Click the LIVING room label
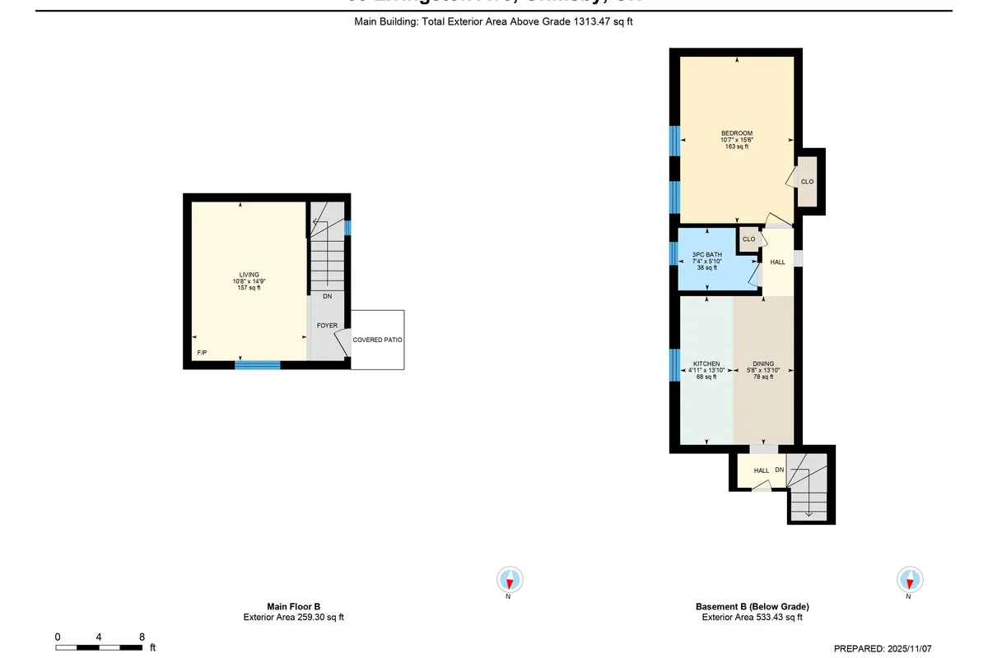tap(249, 275)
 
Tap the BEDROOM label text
tap(737, 133)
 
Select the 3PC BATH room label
tap(707, 255)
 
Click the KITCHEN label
tap(706, 364)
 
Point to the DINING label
tap(763, 364)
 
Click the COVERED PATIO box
tap(377, 340)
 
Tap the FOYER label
tap(327, 326)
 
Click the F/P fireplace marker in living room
tap(201, 353)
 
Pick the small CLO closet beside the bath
tap(748, 239)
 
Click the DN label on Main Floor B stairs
tap(327, 296)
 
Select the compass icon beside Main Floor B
tap(509, 580)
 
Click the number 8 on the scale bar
tap(142, 637)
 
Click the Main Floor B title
tap(294, 606)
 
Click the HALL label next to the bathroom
tap(777, 262)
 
